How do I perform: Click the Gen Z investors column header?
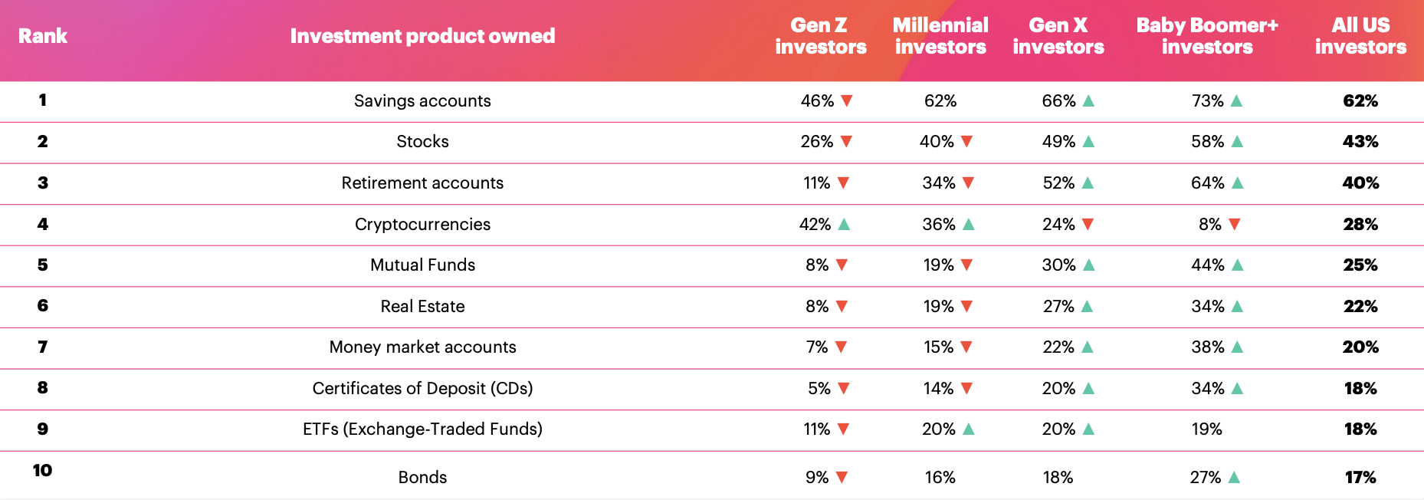pyautogui.click(x=820, y=36)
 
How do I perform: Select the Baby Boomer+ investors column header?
pyautogui.click(x=1207, y=36)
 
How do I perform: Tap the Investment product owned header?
pyautogui.click(x=422, y=36)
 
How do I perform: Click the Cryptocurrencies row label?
pyautogui.click(x=422, y=224)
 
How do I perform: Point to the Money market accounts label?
pyautogui.click(x=422, y=347)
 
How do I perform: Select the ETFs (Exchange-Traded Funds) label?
pyautogui.click(x=422, y=429)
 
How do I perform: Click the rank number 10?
pyautogui.click(x=42, y=470)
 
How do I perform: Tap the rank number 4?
pyautogui.click(x=42, y=224)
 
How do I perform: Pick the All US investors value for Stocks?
pyautogui.click(x=1360, y=141)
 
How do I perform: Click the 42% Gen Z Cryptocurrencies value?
pyautogui.click(x=815, y=224)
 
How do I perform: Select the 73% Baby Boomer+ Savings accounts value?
pyautogui.click(x=1207, y=100)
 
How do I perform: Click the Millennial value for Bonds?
pyautogui.click(x=940, y=477)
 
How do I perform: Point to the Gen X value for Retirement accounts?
pyautogui.click(x=1058, y=183)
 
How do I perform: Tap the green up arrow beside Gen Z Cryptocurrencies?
pyautogui.click(x=844, y=224)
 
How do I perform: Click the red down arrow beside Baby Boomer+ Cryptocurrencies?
pyautogui.click(x=1234, y=224)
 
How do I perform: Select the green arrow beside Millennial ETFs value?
pyautogui.click(x=968, y=429)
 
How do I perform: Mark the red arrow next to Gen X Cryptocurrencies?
pyautogui.click(x=1088, y=224)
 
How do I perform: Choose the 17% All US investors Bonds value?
pyautogui.click(x=1360, y=477)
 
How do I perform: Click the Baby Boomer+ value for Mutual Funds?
pyautogui.click(x=1207, y=265)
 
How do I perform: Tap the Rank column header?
pyautogui.click(x=42, y=36)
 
